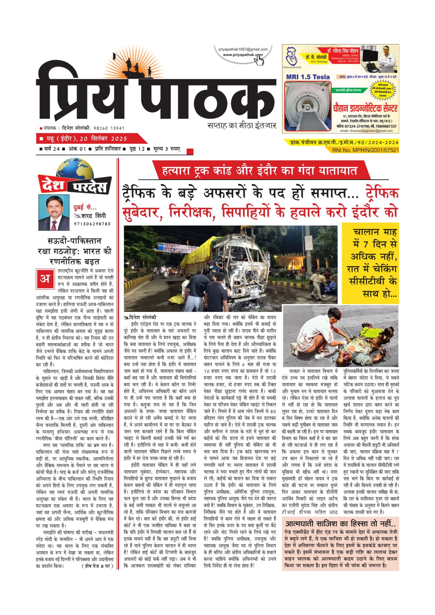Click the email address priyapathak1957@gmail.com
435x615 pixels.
pyautogui.click(x=243, y=49)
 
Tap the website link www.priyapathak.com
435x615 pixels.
pyautogui.click(x=242, y=54)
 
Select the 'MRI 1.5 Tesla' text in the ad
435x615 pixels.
pyautogui.click(x=308, y=77)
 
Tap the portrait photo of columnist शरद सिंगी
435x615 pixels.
pyautogui.click(x=54, y=212)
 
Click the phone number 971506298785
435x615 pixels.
pyautogui.click(x=92, y=224)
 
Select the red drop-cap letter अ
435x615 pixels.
pyautogui.click(x=45, y=279)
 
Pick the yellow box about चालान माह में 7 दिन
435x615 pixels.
pyautogui.click(x=370, y=263)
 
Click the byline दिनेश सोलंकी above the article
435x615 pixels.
pyautogui.click(x=142, y=317)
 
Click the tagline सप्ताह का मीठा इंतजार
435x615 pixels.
pyautogui.click(x=242, y=125)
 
